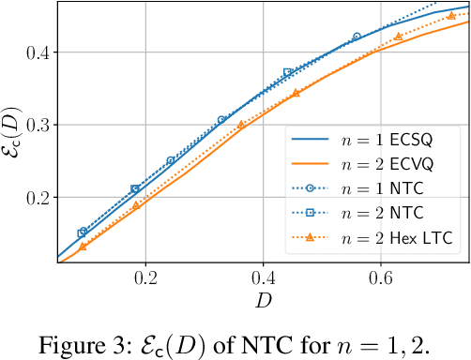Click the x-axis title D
coord(263,301)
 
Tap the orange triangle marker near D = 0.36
coord(240,125)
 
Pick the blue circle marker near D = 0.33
coord(222,120)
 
